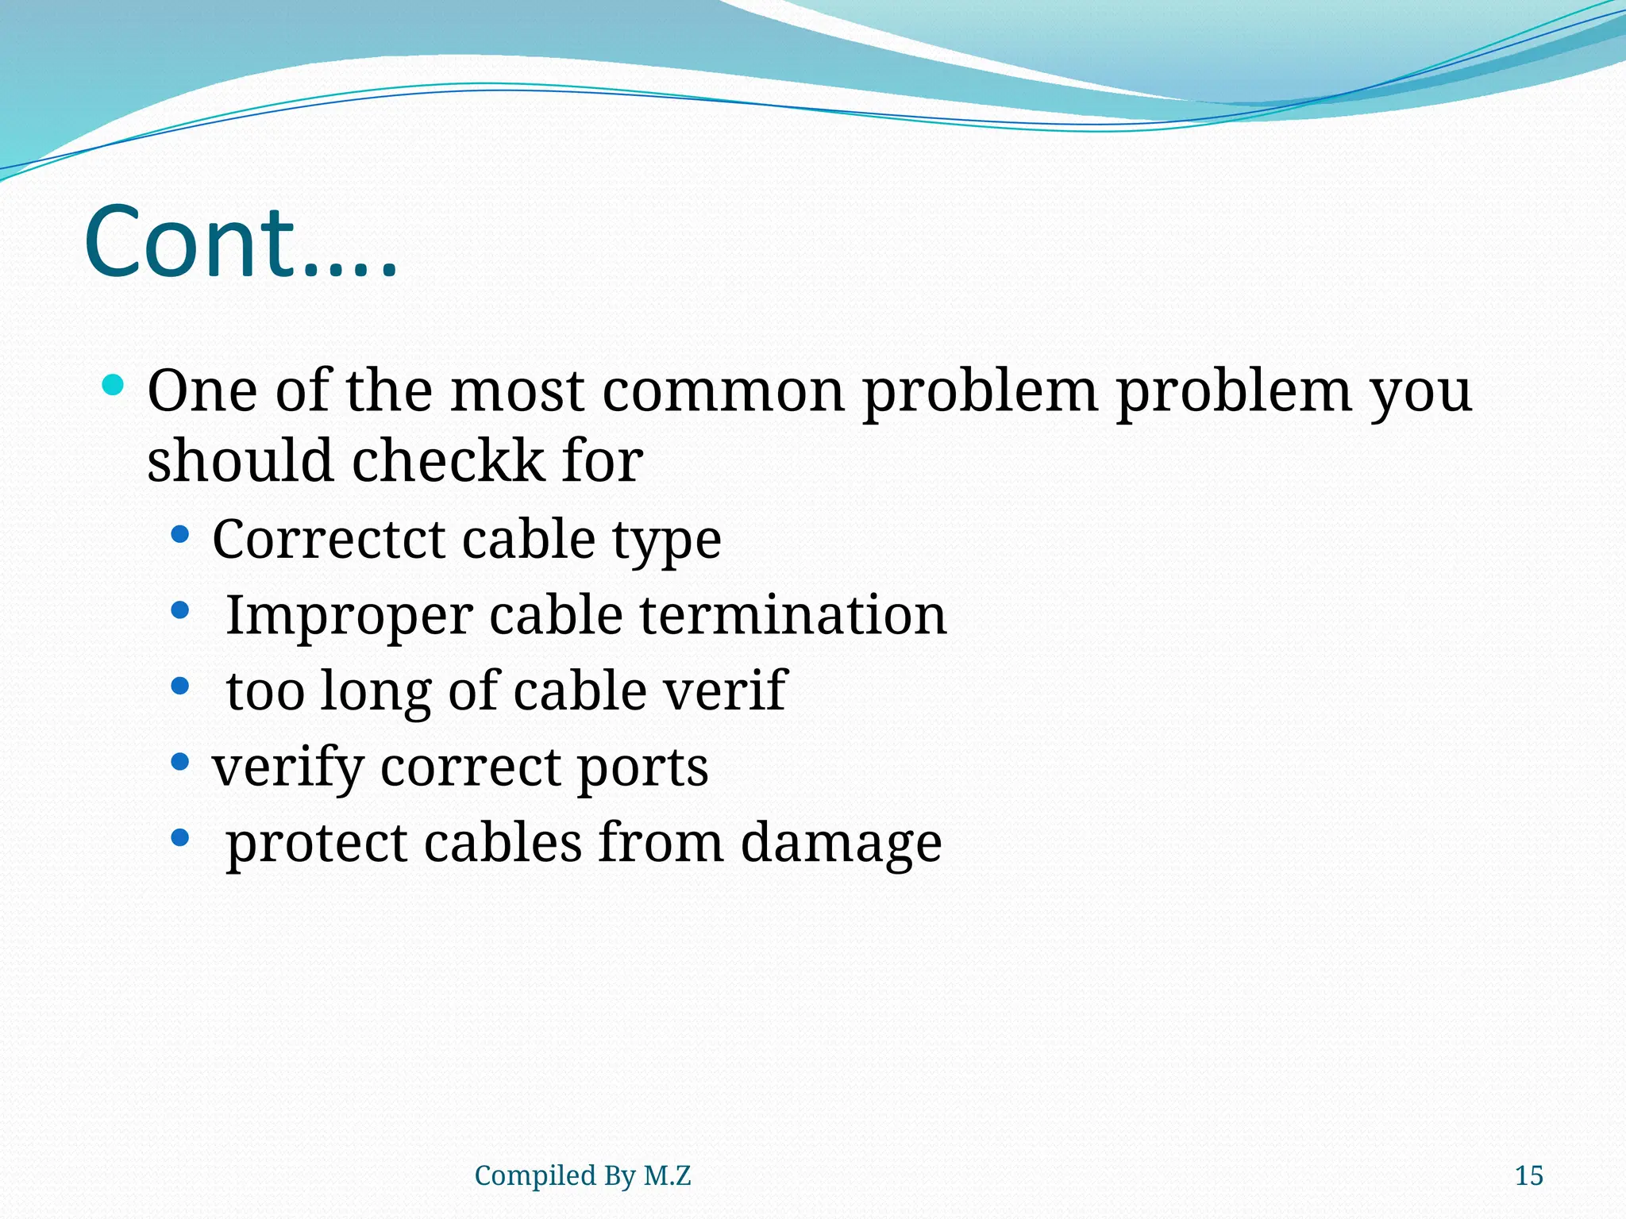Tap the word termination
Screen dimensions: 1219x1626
coord(793,615)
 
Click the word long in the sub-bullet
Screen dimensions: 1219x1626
coord(376,691)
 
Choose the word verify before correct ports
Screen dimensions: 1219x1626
coord(287,768)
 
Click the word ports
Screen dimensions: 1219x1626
coord(642,768)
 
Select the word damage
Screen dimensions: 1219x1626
coord(841,844)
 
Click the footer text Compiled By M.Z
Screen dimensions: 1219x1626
coord(583,1175)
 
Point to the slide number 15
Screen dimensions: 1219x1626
coord(1528,1175)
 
